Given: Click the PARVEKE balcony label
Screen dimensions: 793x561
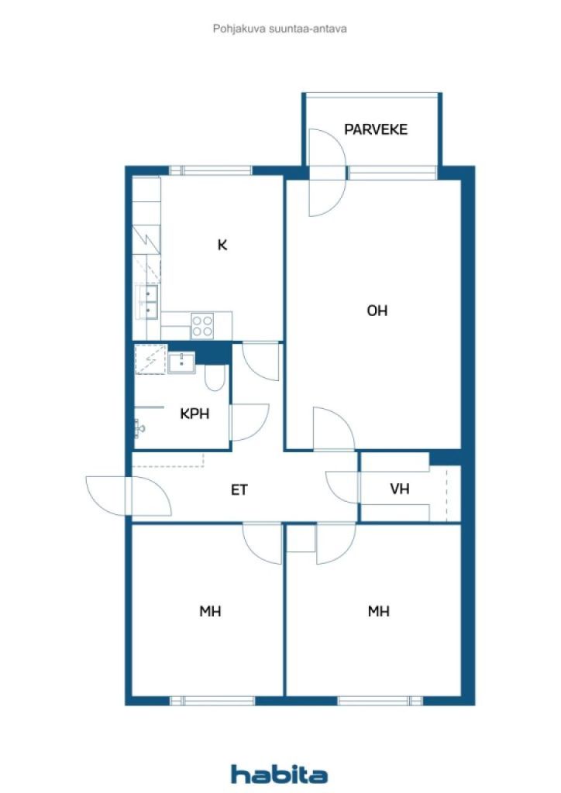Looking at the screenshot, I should click(x=376, y=129).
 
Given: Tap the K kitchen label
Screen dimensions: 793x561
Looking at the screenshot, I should click(x=222, y=245).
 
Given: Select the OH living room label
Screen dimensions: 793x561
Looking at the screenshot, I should click(x=377, y=311).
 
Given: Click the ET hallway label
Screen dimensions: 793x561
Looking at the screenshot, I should click(x=239, y=489).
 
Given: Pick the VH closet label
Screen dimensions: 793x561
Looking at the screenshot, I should click(x=400, y=489).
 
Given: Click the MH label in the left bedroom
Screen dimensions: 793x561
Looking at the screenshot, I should click(x=210, y=611).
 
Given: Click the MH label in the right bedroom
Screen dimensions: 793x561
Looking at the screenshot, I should click(x=378, y=611).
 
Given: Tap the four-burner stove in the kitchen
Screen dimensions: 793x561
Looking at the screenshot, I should click(x=203, y=324).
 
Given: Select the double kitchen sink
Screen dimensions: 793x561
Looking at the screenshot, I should click(x=148, y=301).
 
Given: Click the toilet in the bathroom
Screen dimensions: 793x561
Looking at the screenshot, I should click(x=215, y=378).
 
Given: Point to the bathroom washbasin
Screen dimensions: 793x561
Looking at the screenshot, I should click(x=182, y=362).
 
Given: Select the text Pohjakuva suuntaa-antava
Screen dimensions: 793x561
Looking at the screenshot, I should click(x=280, y=29).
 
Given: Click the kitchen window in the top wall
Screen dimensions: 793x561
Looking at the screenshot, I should click(x=211, y=170).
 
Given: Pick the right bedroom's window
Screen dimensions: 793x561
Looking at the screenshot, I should click(x=380, y=700).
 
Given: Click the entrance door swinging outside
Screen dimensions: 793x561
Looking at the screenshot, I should click(x=109, y=496).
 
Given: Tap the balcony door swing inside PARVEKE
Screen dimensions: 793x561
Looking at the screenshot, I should click(x=324, y=147).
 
